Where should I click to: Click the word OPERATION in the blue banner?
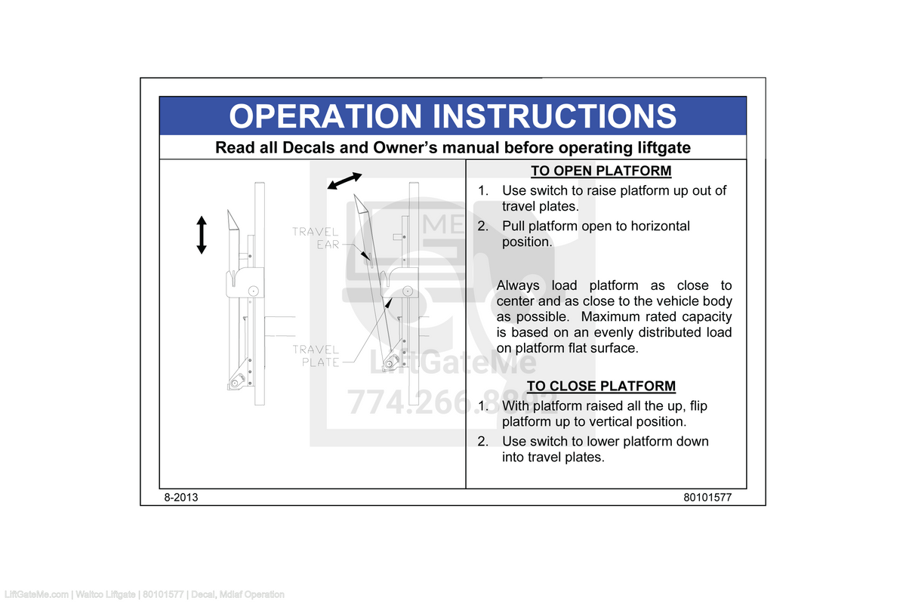pyautogui.click(x=326, y=116)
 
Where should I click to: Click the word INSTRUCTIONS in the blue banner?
pyautogui.click(x=554, y=116)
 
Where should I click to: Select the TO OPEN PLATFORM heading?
pyautogui.click(x=600, y=171)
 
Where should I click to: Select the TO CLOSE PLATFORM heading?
pyautogui.click(x=600, y=386)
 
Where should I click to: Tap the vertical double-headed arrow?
pyautogui.click(x=202, y=235)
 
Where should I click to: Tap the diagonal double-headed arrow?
pyautogui.click(x=344, y=180)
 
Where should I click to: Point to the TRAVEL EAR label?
pyautogui.click(x=317, y=238)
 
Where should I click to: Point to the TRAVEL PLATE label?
pyautogui.click(x=317, y=356)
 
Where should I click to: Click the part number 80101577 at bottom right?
pyautogui.click(x=708, y=498)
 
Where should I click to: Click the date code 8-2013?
pyautogui.click(x=181, y=498)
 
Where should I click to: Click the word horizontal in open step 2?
pyautogui.click(x=660, y=226)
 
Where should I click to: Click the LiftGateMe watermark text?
pyautogui.click(x=453, y=364)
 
